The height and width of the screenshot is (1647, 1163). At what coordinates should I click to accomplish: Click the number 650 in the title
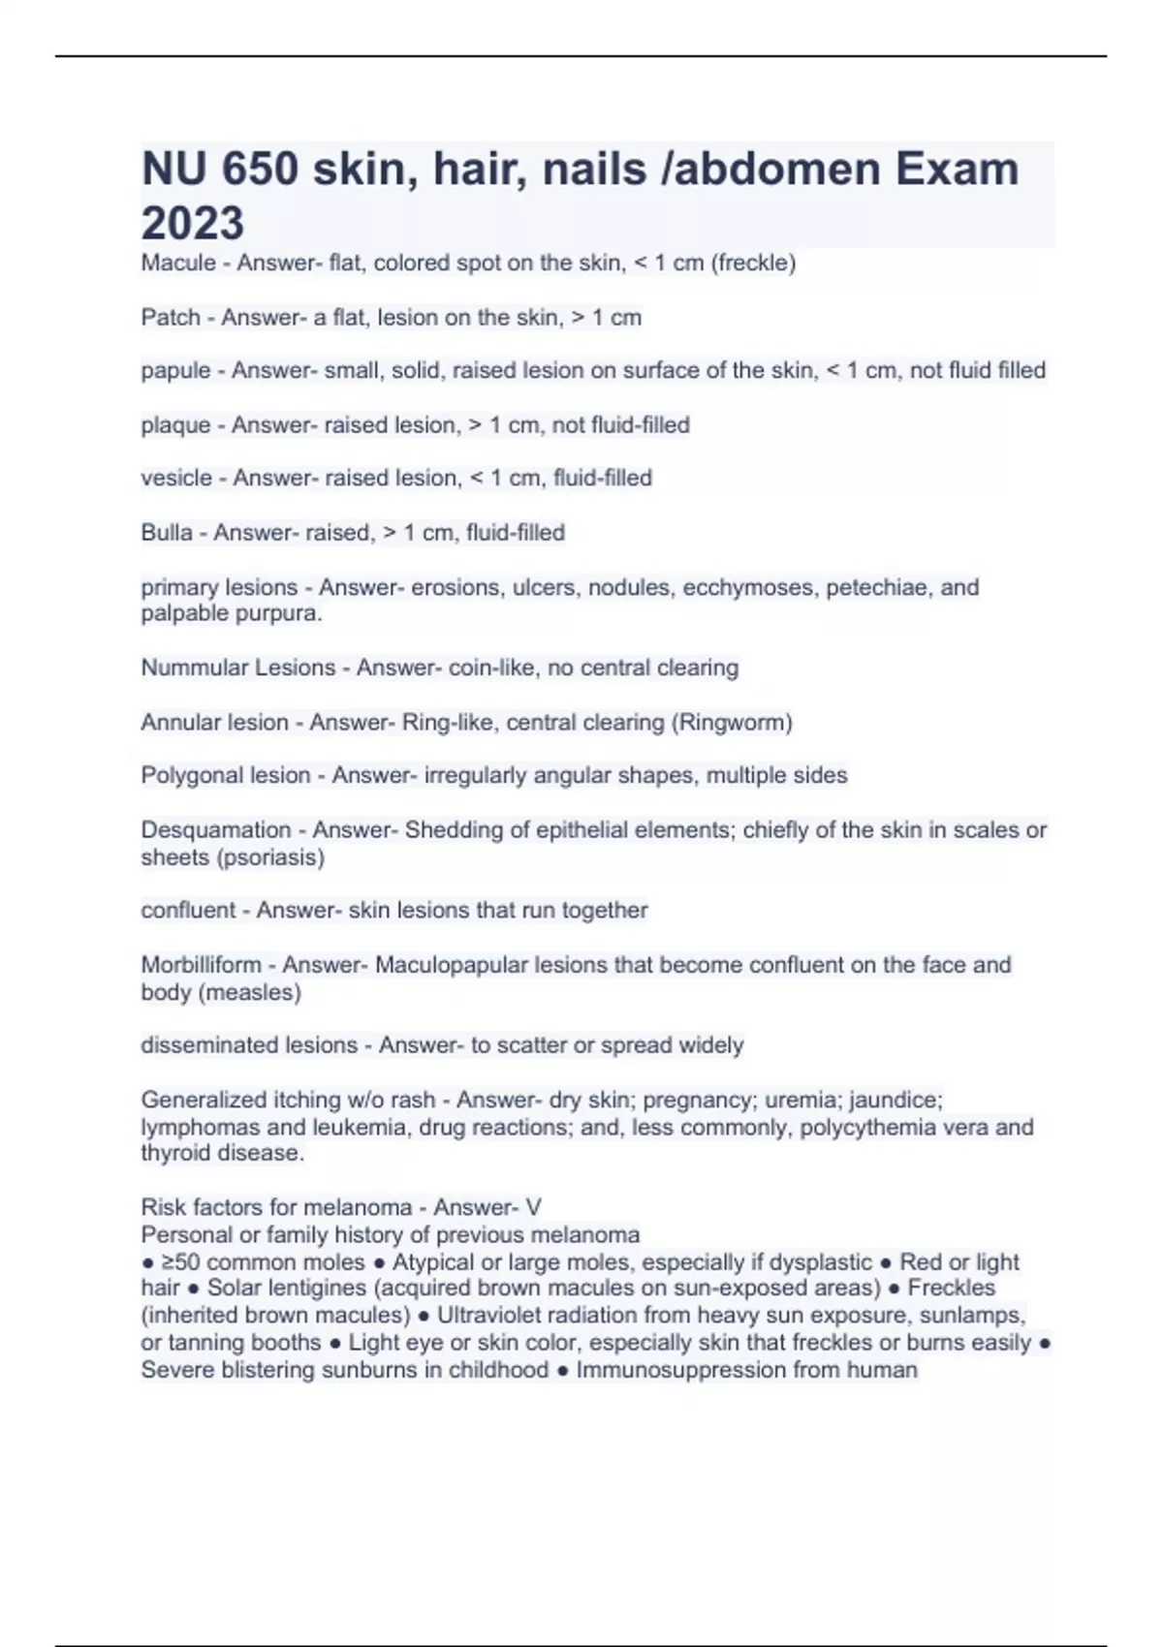pos(260,170)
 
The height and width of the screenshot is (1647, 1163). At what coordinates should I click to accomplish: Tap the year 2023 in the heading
pos(192,223)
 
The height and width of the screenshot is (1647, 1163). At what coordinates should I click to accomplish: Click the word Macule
pos(178,263)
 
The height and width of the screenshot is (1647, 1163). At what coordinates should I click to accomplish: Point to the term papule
pos(175,370)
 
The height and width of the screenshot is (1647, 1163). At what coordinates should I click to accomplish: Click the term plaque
pos(175,425)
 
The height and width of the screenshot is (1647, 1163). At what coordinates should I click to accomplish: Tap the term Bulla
pos(167,533)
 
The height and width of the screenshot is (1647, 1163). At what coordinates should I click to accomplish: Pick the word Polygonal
pos(187,775)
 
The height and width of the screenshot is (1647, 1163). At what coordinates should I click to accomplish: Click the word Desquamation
pos(215,830)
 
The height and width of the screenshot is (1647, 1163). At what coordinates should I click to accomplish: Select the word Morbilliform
pos(201,965)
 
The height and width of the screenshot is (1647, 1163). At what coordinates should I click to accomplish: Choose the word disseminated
pos(201,1045)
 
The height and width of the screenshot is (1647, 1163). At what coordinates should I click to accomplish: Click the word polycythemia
pos(870,1127)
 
